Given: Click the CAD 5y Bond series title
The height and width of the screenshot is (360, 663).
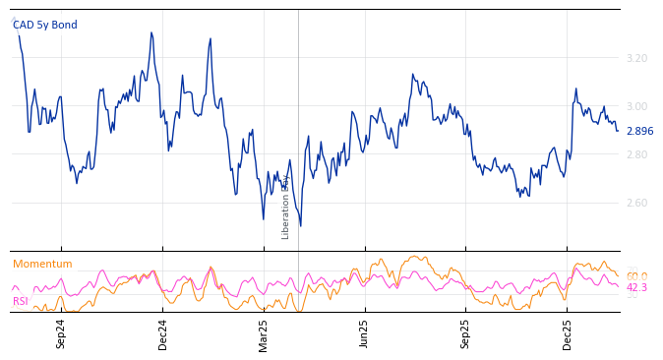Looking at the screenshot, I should point(44,26).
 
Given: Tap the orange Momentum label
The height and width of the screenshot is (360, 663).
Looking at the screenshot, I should point(42,265).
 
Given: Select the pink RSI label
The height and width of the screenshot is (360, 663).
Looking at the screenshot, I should point(21,301).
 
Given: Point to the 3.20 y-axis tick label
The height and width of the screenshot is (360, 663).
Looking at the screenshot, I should point(636,59).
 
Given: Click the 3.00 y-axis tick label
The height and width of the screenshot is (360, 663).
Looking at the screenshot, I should point(636,107).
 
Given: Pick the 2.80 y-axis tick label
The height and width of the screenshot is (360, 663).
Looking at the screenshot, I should point(636,155).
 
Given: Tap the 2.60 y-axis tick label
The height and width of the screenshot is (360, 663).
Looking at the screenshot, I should point(636,204).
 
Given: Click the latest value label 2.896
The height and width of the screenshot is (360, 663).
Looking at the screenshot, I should point(639,132).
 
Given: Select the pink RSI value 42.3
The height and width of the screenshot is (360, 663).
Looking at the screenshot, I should point(636,288).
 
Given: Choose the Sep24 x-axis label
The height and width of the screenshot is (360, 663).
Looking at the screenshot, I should point(61,333).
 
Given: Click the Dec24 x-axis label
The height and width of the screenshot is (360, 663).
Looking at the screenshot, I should point(162,333).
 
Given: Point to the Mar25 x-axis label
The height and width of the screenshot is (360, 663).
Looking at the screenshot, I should point(264,333).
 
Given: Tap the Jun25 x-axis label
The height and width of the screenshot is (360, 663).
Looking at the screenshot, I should point(365,333).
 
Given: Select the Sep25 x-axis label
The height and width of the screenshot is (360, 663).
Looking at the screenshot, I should point(466,333).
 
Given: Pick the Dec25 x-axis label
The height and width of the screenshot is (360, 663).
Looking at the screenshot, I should point(568,333).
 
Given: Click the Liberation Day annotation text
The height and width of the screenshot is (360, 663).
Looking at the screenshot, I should point(286,207).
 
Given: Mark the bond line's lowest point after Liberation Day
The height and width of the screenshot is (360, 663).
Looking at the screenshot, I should point(300,226).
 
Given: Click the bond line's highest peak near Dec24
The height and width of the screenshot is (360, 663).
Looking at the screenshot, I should point(151,32).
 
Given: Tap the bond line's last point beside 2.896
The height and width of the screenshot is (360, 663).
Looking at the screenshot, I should point(618,131).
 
